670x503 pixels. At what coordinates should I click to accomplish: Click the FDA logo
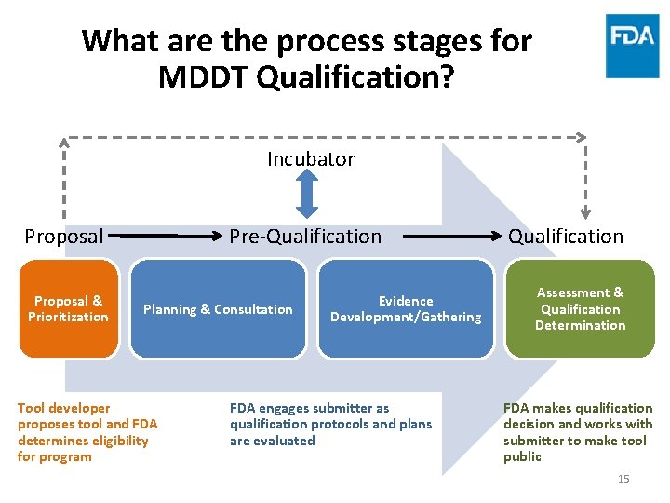coord(633,45)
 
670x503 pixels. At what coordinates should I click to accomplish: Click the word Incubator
coord(311,159)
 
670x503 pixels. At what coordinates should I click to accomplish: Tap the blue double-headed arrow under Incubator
coord(307,197)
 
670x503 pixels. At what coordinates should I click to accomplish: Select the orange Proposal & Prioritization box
coord(69,309)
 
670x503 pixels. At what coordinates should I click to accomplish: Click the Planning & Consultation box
coord(218,309)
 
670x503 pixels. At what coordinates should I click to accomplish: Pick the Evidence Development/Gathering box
coord(406,309)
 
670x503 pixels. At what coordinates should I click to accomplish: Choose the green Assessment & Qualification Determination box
coord(580,309)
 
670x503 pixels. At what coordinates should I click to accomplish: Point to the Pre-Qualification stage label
coord(305,237)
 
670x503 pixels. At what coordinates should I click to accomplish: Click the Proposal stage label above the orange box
coord(64,237)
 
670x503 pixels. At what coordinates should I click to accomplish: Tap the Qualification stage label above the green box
coord(566,237)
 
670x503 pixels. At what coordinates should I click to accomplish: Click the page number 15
coord(623,479)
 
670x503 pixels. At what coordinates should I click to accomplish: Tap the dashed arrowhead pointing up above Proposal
coord(64,143)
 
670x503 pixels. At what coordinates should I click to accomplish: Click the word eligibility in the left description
coord(119,441)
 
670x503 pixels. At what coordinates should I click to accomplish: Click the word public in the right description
coord(523,456)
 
